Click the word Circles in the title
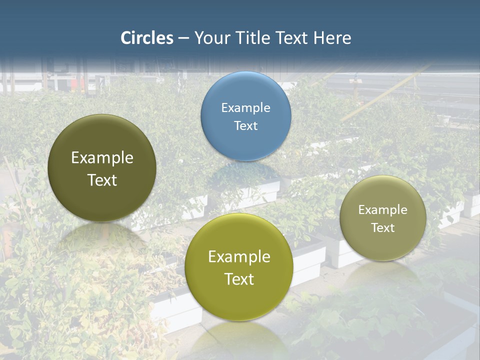coord(147,38)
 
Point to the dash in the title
coord(183,38)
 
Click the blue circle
coord(245,116)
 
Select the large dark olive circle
coord(102,168)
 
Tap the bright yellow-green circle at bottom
coord(239,267)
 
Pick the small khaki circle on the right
coord(382,218)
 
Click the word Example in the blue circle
coord(245,107)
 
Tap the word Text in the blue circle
coord(245,125)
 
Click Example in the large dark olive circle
coord(102,158)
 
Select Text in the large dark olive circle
coord(102,180)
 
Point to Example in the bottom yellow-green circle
coord(239,257)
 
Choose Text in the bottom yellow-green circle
coord(239,279)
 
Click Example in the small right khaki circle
coord(382,210)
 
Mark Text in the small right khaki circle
coord(382,228)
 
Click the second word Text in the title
coord(292,38)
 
